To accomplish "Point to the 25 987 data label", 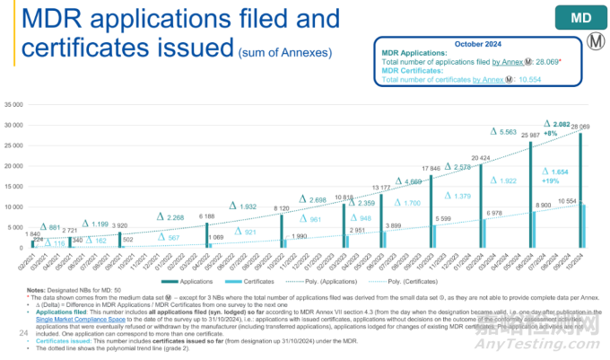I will point(531,135).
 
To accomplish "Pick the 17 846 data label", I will point(432,168).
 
